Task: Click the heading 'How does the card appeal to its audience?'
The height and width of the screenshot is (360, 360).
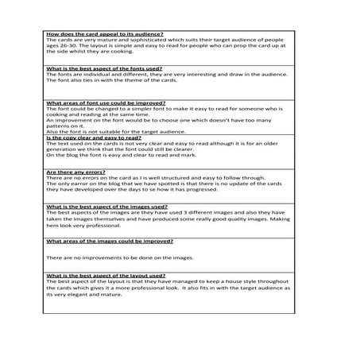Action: point(105,33)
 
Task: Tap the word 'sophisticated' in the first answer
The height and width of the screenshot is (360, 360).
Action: point(155,40)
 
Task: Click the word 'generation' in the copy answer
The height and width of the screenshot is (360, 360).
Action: point(64,153)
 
